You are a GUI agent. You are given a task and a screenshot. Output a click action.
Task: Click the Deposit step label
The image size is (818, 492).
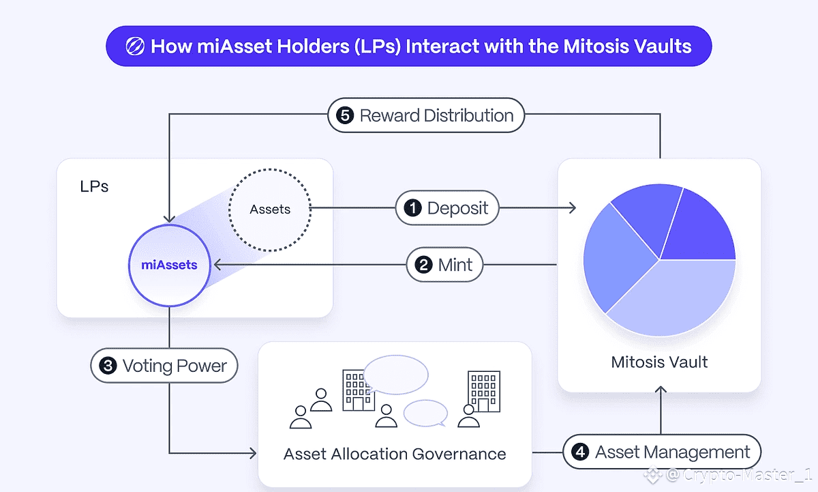click(x=448, y=208)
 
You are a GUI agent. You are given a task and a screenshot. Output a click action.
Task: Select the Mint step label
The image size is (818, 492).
click(x=444, y=265)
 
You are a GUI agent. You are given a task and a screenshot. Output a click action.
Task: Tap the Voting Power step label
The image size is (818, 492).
click(x=164, y=366)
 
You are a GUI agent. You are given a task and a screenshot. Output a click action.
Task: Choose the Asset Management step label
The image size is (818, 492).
click(x=661, y=452)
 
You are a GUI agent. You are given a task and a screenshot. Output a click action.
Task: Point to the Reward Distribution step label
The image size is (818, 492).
click(x=426, y=115)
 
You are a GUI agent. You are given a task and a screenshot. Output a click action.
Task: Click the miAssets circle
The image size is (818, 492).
click(x=170, y=265)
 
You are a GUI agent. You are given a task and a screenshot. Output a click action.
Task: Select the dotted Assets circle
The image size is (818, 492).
click(x=270, y=209)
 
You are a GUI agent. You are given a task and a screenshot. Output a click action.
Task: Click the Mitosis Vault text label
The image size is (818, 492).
click(x=659, y=362)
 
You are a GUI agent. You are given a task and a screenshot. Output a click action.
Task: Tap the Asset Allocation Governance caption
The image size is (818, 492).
click(x=395, y=454)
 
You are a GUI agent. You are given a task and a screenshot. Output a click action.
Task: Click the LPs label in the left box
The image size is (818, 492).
click(x=94, y=186)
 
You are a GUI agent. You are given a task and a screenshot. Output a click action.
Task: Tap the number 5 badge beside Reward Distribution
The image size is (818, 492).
click(x=346, y=115)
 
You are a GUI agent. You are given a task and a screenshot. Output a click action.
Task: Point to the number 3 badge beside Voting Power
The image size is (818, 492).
click(x=108, y=366)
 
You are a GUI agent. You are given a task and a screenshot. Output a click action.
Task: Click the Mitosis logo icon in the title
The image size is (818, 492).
click(x=135, y=47)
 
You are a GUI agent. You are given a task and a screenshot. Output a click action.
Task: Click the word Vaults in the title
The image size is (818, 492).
click(x=658, y=46)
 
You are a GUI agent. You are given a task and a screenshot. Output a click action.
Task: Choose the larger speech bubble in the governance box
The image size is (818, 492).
click(x=395, y=375)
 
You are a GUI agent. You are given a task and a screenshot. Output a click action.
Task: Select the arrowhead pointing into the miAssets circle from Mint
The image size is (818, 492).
click(x=216, y=265)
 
